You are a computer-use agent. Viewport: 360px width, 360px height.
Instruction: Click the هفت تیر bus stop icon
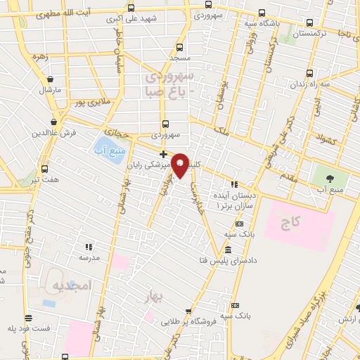coord(45,169)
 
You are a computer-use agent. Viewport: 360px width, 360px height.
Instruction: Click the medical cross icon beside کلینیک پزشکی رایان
coord(163,154)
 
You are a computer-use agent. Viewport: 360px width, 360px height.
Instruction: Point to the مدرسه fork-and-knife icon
coord(88,247)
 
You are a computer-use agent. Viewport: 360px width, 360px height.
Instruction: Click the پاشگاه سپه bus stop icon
coord(262,12)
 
